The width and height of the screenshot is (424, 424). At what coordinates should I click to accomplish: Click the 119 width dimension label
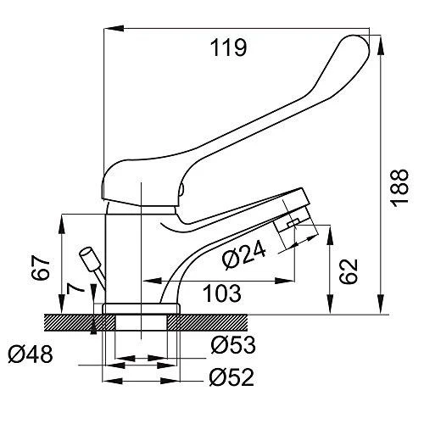point(228,47)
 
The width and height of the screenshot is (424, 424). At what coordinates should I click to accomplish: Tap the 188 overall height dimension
point(399,188)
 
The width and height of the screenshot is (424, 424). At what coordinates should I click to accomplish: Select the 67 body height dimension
point(41,267)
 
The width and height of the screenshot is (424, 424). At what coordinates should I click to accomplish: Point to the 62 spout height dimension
point(349,271)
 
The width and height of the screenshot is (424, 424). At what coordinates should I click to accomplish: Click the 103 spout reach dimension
point(222,293)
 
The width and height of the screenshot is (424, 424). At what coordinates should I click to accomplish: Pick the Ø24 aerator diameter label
point(243,254)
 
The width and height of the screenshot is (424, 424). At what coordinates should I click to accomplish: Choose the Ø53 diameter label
point(233,345)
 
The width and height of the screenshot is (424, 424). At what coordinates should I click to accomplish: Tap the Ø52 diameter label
point(232,377)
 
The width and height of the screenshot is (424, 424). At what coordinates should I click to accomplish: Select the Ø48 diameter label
point(31,354)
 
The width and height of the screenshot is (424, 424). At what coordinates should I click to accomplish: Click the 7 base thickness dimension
point(75,288)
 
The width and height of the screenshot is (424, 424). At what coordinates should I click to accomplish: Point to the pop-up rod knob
point(90,259)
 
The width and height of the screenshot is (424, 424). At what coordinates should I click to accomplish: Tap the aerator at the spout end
point(295,220)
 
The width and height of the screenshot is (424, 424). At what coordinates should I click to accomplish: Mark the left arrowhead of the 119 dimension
point(114,28)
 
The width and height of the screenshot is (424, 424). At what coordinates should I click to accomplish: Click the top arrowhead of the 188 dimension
point(381,45)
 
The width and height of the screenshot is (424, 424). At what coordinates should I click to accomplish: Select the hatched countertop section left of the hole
point(80,322)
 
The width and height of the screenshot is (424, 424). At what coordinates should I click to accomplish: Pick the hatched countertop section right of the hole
point(207,322)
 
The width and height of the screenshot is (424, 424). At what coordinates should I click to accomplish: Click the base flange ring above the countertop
point(141,309)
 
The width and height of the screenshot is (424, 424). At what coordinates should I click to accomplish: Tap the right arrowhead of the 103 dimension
point(285,281)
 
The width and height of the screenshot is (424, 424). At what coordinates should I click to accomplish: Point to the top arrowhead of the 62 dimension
point(330,236)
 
